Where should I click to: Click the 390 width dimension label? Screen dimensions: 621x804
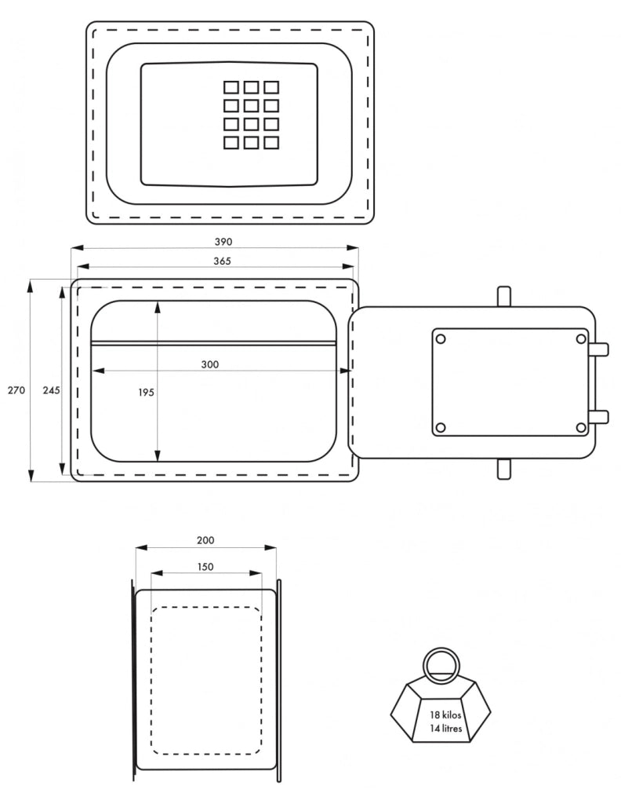223,242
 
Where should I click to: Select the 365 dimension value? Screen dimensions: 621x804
222,261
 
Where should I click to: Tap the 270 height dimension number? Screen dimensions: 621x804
16,390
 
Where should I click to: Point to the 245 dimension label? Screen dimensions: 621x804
51,390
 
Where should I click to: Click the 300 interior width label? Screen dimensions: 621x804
210,364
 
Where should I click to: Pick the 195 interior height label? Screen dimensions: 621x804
146,393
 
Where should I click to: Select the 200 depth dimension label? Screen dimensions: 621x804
205,540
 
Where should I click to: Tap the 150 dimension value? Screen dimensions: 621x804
205,567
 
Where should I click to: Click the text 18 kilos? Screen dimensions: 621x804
445,714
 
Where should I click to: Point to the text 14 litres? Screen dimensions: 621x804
446,728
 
